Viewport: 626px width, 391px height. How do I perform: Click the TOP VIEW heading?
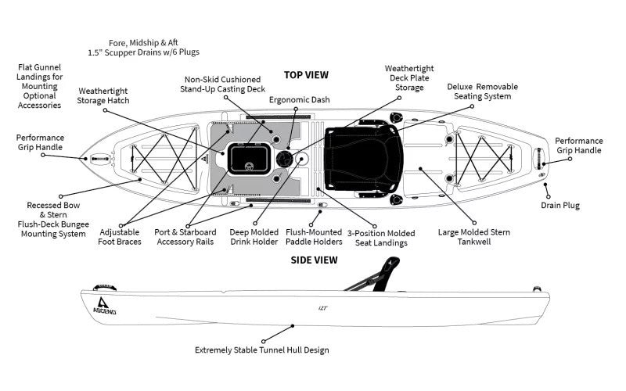[306, 75]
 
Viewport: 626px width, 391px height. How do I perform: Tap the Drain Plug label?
[559, 206]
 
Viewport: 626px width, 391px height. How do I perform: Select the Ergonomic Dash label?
[299, 100]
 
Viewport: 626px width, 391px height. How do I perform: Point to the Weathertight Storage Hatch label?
[103, 95]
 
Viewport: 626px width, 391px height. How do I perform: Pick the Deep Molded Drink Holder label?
[254, 237]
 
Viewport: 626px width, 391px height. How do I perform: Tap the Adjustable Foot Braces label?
[122, 237]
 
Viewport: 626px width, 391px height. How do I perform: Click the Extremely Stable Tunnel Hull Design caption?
[261, 350]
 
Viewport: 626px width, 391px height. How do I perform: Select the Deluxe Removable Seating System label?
[478, 91]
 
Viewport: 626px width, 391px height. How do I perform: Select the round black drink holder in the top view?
[283, 159]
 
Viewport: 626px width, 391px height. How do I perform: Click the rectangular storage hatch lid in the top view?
[247, 160]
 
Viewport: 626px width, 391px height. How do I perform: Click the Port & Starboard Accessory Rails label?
[185, 237]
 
